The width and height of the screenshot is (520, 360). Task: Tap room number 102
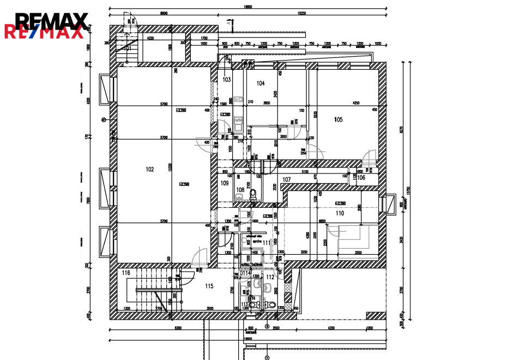[x=150, y=170]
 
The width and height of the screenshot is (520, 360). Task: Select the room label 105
[x=338, y=119]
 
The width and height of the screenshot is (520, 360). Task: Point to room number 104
[x=261, y=83]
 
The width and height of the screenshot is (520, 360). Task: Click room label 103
[x=227, y=80]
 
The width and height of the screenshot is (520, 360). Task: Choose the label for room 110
[x=340, y=213]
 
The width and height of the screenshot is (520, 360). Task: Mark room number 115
[x=209, y=286]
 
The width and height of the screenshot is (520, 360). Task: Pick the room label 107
[x=287, y=179]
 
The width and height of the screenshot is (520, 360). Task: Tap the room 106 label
[x=361, y=178]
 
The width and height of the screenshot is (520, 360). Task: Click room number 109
[x=225, y=183]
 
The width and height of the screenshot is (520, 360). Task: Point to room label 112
[x=270, y=277]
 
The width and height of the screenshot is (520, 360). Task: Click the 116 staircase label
[x=126, y=273]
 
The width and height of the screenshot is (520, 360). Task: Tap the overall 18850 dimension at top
[x=248, y=7]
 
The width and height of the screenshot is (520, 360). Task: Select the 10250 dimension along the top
[x=304, y=13]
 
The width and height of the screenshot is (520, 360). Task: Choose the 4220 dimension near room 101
[x=150, y=38]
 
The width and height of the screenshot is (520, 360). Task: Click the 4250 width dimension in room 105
[x=356, y=103]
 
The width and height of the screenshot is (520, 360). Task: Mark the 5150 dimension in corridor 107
[x=313, y=172]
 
